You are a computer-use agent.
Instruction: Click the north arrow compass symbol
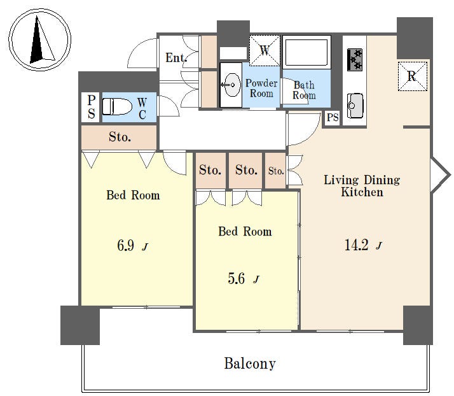39,39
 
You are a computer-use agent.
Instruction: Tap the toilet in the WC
117,106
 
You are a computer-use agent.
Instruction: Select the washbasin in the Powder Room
231,85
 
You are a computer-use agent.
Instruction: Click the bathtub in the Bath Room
306,52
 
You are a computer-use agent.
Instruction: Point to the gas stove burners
355,60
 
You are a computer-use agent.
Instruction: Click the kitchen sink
355,106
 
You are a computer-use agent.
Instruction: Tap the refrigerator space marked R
412,76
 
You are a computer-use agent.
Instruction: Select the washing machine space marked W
265,50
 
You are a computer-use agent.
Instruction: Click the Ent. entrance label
176,58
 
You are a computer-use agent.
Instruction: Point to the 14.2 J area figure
363,245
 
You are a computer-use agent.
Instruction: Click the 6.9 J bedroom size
133,246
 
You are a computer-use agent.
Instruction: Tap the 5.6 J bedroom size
243,279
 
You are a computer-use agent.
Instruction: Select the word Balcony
250,364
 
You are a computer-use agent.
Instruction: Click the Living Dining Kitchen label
362,186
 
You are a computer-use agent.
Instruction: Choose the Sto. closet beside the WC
119,137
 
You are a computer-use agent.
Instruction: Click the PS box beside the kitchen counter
333,118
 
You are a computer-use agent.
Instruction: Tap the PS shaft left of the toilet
91,107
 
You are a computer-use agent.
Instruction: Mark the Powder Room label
261,88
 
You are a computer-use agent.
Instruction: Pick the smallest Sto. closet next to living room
275,171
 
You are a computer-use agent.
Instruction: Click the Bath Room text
304,90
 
